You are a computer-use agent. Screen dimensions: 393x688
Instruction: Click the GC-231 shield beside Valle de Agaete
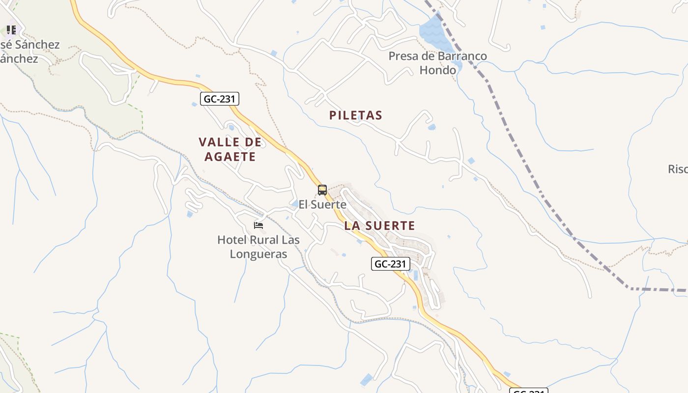(220, 99)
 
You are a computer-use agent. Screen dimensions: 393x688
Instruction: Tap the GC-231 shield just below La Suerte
(390, 264)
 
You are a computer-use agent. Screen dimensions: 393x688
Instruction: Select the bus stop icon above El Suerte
(322, 190)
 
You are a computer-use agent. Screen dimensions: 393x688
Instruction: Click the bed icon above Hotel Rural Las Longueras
(258, 225)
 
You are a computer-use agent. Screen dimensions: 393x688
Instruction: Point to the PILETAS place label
(356, 115)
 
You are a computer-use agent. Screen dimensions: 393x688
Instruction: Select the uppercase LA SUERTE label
(380, 226)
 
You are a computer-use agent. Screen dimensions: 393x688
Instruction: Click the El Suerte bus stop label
(322, 204)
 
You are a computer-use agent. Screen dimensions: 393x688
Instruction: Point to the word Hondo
(437, 70)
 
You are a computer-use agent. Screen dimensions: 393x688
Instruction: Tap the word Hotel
(232, 240)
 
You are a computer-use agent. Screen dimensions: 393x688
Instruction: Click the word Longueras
(258, 254)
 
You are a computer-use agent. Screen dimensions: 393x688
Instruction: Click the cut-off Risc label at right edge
(678, 169)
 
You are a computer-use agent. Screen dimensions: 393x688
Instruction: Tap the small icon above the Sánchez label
(11, 30)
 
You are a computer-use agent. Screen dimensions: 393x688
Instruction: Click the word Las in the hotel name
(290, 240)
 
